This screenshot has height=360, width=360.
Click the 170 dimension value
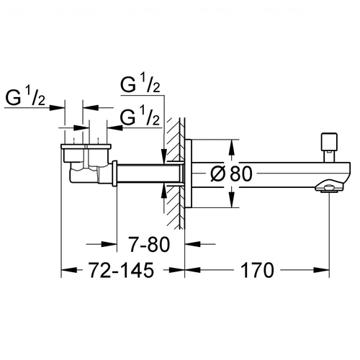click(x=257, y=271)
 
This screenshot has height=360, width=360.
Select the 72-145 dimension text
click(x=121, y=271)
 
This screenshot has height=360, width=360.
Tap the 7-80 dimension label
click(x=149, y=244)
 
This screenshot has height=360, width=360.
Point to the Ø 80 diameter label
click(x=231, y=174)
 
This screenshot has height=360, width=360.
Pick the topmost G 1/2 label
click(x=140, y=83)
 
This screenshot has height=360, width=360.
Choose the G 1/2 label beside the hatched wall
click(x=140, y=116)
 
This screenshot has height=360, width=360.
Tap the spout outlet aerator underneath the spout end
click(x=329, y=188)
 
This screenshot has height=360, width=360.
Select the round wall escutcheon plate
click(x=189, y=174)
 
